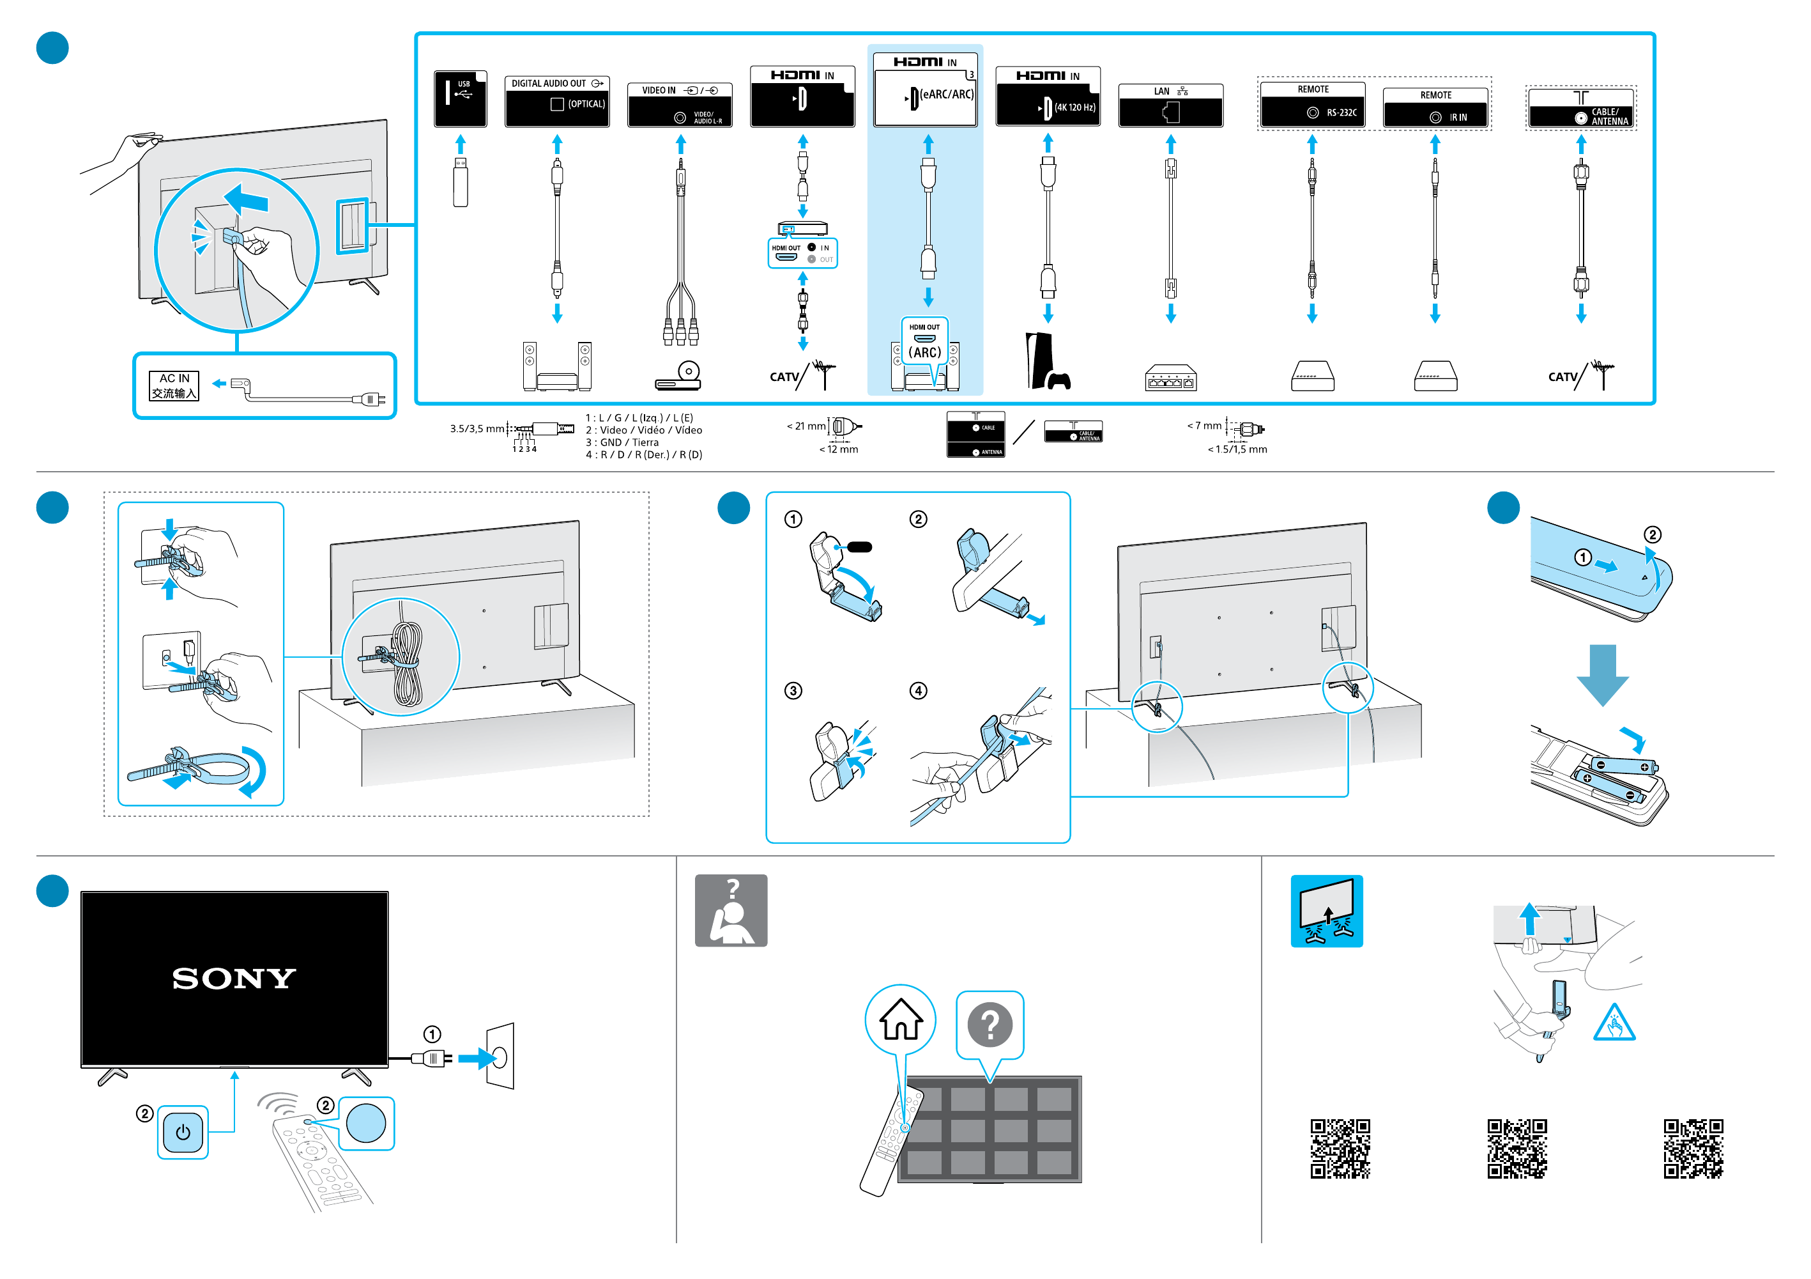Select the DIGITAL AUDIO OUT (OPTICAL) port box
point(557,100)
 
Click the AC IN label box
point(174,386)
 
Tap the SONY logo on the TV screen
point(234,979)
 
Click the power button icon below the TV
point(183,1132)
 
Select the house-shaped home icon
point(901,1019)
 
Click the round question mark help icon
point(990,1024)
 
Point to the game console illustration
point(1047,362)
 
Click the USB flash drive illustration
point(461,182)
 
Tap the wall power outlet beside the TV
point(500,1057)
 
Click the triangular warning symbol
point(1614,1024)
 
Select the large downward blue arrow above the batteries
point(1602,674)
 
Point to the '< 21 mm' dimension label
point(806,426)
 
